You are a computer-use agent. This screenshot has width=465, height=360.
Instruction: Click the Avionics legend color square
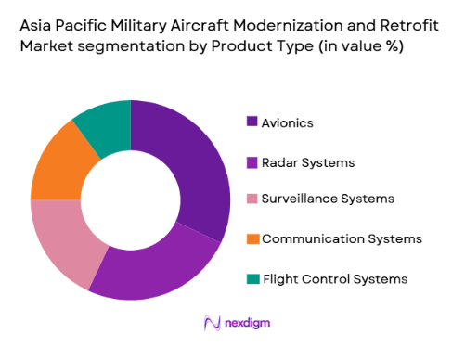(252, 122)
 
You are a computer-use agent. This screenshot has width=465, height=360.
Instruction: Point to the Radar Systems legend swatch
(252, 161)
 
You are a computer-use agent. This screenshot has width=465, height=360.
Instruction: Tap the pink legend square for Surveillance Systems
(252, 199)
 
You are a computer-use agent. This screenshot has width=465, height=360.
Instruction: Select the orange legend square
(252, 238)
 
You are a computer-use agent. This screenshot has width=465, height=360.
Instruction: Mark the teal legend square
(252, 277)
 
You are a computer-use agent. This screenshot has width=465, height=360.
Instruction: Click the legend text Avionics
(287, 122)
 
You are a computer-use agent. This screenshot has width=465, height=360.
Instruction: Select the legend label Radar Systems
(308, 161)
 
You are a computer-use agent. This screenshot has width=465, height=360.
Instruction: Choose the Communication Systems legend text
(342, 238)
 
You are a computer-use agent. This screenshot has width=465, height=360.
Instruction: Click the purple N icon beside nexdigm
(210, 324)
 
